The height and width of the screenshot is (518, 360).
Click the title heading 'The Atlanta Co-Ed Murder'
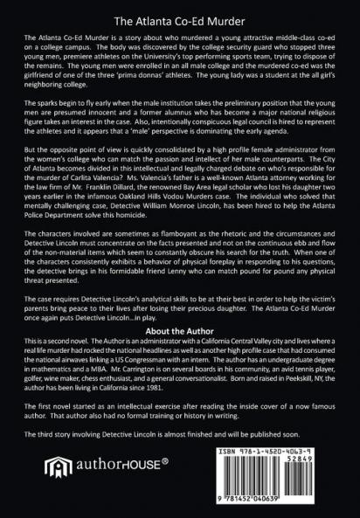(x=180, y=17)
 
